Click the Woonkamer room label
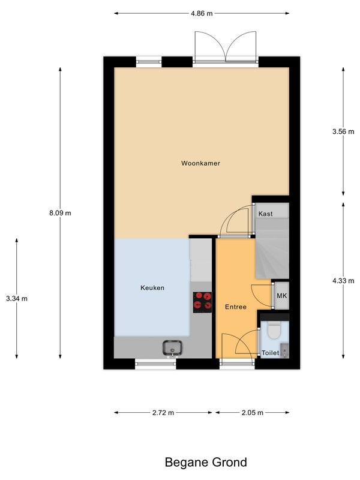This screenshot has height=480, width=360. pos(200,163)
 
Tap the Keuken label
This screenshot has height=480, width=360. pos(152,288)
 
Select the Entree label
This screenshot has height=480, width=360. pos(236,307)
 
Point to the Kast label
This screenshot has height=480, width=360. pos(265,214)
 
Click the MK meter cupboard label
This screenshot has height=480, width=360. pos(281,296)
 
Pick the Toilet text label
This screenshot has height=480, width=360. pos(271,353)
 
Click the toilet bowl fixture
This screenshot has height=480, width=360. pos(274,330)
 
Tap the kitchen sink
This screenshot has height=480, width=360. pos(172,348)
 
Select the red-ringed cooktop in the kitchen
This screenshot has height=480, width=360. pos(202,302)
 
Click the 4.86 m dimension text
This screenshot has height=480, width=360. pos(202,13)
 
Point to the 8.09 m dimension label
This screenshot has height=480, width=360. pos(61,213)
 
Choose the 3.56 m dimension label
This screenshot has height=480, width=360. pos(343,131)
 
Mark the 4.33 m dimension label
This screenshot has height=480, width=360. pos(343,281)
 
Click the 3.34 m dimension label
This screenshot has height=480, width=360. pos(17,298)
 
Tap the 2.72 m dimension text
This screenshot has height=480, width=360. pos(163,413)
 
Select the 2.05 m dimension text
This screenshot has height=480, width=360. pos(253,413)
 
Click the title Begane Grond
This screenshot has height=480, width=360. pos(206,462)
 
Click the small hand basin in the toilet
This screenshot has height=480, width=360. pos(284,351)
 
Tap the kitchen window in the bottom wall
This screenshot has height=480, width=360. pos(156,364)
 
